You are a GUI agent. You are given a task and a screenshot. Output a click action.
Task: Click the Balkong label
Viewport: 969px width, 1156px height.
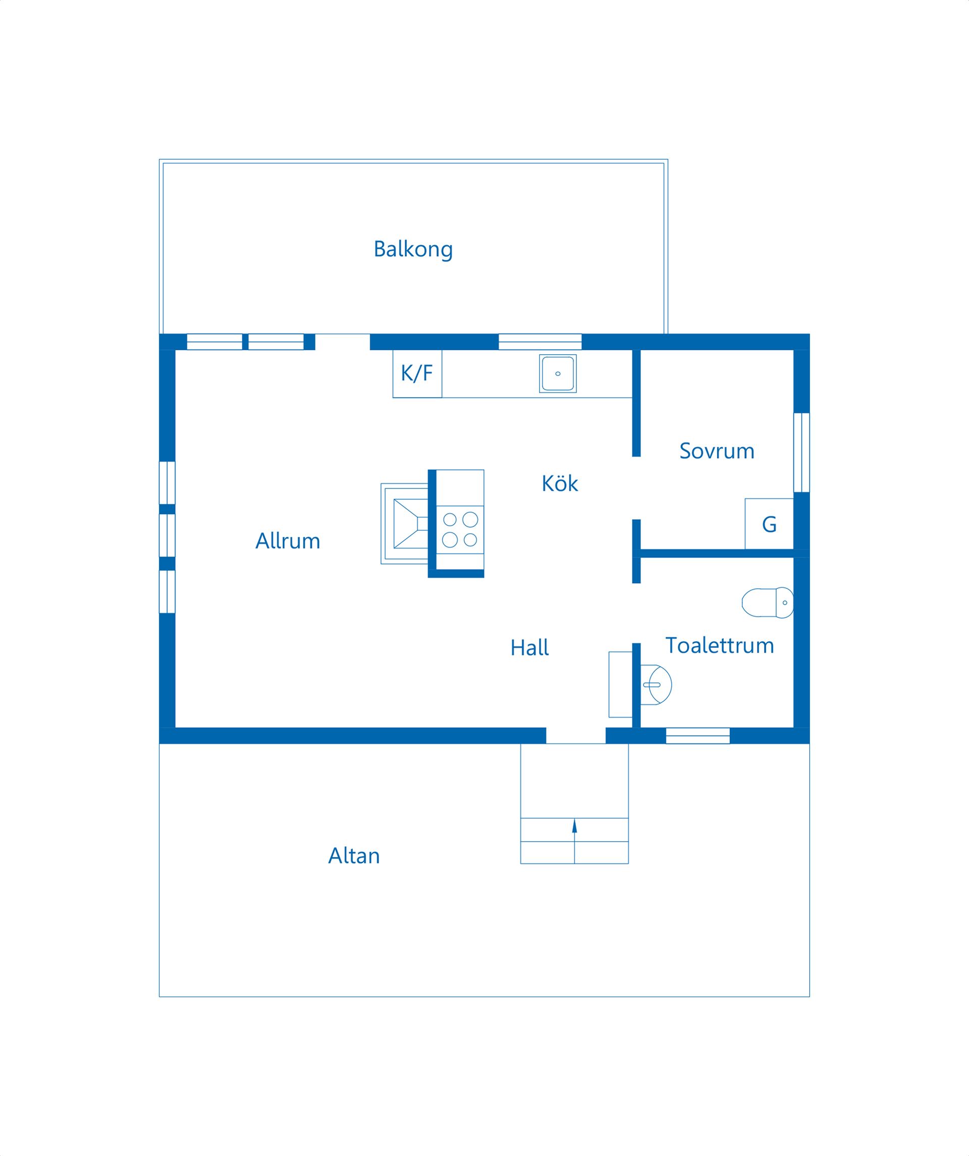[x=413, y=249]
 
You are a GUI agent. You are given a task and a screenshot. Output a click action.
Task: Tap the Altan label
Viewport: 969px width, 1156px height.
[x=354, y=856]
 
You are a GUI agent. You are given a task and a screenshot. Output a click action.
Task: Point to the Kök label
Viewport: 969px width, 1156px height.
[x=559, y=483]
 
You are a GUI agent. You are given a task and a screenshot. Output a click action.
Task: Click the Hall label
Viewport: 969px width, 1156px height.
[x=529, y=647]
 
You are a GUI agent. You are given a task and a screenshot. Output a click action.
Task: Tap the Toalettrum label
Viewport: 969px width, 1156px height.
[x=720, y=645]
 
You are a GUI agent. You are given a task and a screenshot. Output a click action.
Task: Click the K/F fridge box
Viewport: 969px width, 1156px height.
[x=417, y=374]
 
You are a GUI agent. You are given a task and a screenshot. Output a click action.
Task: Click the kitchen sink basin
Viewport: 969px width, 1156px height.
[x=558, y=374]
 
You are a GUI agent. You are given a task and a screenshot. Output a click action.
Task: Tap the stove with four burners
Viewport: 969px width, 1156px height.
[x=460, y=529]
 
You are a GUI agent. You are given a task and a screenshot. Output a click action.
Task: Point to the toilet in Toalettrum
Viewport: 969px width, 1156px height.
[x=768, y=603]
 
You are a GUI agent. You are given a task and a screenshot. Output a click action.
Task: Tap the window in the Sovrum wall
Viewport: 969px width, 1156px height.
[x=801, y=453]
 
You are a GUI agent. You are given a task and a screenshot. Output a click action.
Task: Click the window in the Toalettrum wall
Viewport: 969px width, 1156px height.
[x=697, y=736]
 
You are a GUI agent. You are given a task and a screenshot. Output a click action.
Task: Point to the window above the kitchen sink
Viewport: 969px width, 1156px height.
[x=540, y=342]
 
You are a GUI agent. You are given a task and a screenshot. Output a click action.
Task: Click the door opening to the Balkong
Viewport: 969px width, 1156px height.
[x=343, y=342]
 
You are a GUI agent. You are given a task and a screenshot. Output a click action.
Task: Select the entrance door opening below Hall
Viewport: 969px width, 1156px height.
[x=576, y=736]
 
